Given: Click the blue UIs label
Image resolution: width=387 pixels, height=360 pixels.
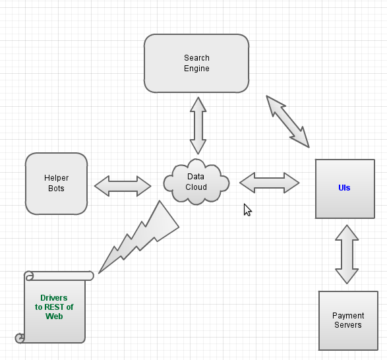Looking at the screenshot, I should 344,188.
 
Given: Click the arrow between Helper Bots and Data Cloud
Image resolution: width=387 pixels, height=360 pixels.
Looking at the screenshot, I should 123,186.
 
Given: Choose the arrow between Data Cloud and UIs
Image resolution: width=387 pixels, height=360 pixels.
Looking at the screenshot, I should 269,183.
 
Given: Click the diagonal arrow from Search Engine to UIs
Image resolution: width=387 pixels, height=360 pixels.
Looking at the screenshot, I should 287,121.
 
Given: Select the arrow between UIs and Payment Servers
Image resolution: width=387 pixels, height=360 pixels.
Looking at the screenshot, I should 347,255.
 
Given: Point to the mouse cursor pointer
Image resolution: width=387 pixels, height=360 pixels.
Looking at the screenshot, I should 247,209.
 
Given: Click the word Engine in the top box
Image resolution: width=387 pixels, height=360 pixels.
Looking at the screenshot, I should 196,69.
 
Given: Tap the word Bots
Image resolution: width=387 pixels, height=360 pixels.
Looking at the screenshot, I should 57,189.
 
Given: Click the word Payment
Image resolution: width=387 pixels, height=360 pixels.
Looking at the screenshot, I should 348,316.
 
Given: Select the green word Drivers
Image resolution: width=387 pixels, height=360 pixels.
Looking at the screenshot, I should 54,298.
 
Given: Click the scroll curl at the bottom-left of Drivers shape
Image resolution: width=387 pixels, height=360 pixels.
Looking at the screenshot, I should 20,338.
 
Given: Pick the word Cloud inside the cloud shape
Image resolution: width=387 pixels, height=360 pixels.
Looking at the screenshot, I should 196,187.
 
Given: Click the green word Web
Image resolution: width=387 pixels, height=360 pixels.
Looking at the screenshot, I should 54,316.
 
